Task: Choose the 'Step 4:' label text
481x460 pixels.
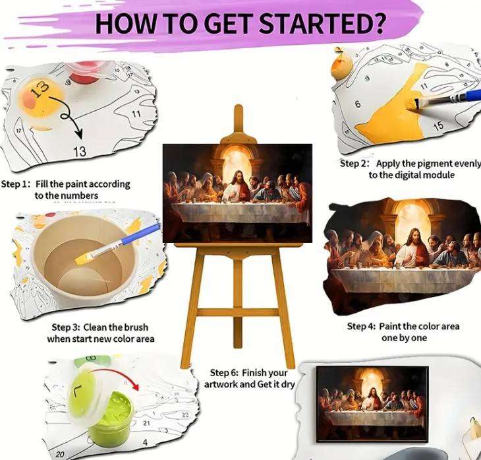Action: click(361, 326)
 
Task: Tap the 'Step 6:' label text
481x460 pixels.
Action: click(224, 373)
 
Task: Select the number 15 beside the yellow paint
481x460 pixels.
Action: click(438, 125)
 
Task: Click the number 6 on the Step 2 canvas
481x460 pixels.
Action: click(358, 104)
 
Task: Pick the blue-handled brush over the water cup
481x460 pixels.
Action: click(122, 242)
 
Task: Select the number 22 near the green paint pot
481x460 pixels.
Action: click(185, 414)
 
